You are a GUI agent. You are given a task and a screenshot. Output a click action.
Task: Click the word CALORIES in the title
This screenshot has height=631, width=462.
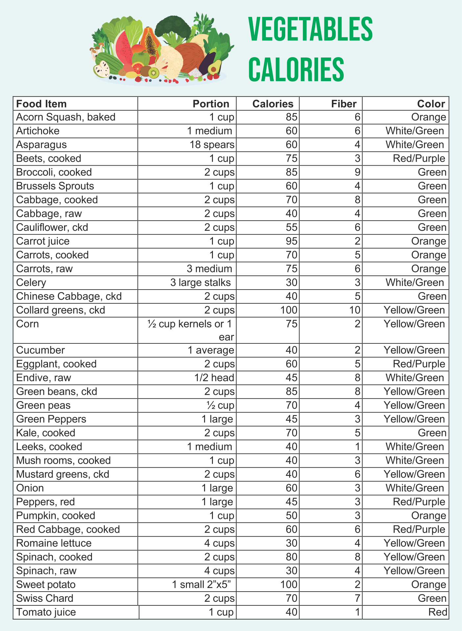pos(296,69)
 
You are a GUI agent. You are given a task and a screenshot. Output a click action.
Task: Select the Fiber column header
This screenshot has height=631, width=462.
pos(344,104)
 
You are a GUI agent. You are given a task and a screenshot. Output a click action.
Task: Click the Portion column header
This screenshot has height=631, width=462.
pos(211,104)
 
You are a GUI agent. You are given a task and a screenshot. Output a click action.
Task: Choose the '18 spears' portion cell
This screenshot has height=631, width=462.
pos(212,145)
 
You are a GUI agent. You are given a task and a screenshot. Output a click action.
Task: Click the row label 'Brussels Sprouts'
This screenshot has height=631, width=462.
pos(55,186)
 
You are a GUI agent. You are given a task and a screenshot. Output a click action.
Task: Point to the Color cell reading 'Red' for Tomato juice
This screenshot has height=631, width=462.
pos(437,612)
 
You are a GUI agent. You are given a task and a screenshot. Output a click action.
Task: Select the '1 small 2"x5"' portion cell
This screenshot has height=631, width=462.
pos(203,585)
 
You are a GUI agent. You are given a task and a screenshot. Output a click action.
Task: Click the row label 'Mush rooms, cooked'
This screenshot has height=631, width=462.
pos(63,460)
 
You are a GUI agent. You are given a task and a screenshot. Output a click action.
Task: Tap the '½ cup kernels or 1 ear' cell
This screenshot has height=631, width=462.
pos(191,330)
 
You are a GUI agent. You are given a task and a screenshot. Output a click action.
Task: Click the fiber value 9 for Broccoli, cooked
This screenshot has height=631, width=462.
pos(358,172)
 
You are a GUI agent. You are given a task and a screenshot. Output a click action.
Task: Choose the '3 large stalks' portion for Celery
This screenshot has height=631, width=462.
pos(200,283)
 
